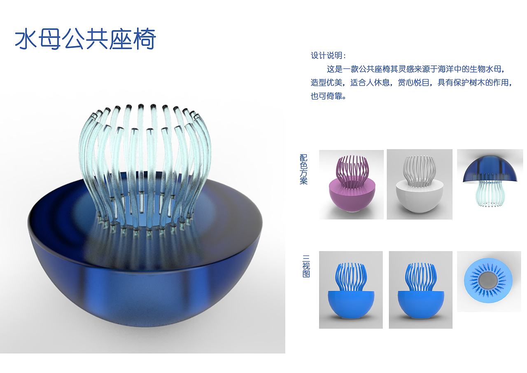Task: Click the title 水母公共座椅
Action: [x=85, y=40]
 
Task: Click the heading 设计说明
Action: [x=328, y=56]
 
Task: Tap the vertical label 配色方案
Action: [x=304, y=169]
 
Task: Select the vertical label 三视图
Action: [x=306, y=266]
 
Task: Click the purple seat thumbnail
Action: [x=351, y=184]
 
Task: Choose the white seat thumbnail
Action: [x=419, y=184]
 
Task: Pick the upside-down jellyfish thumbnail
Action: [x=490, y=184]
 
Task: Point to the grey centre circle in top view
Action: [x=490, y=281]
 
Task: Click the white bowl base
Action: [x=419, y=197]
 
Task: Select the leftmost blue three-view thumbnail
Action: [x=351, y=290]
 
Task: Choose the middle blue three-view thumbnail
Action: [x=420, y=290]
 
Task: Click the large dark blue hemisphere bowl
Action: [x=144, y=280]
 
